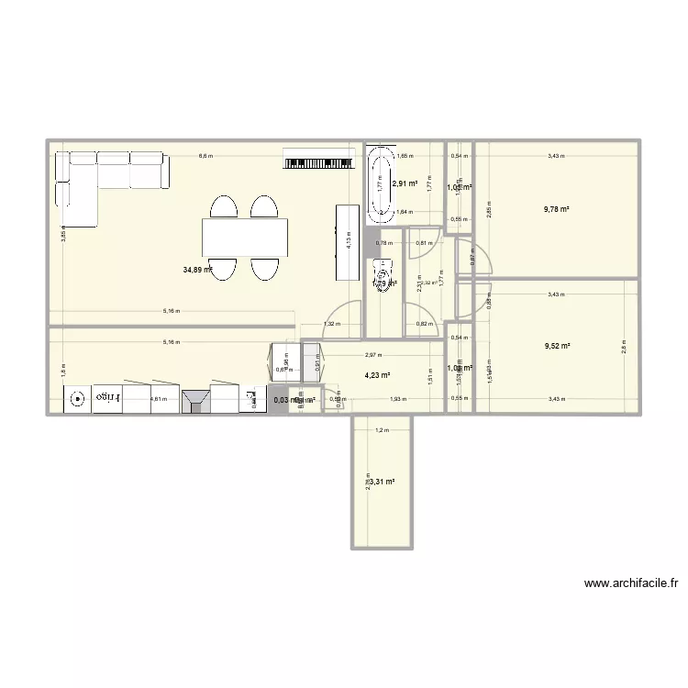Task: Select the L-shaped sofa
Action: tap(101, 179)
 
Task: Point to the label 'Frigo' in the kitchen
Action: tap(109, 399)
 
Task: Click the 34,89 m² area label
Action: tap(197, 270)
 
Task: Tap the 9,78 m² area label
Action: tap(557, 209)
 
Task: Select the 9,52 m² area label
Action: tap(557, 346)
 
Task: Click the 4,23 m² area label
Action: tap(377, 374)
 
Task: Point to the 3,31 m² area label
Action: tap(383, 481)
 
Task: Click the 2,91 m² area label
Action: tap(405, 183)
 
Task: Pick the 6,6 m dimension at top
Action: tap(205, 156)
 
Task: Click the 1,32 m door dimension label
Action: tap(330, 323)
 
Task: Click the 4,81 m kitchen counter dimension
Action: tap(158, 399)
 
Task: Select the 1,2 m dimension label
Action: tap(381, 430)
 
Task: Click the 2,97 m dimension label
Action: tap(372, 355)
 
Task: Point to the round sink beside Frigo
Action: tap(77, 400)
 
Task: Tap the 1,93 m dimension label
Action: tap(397, 399)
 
